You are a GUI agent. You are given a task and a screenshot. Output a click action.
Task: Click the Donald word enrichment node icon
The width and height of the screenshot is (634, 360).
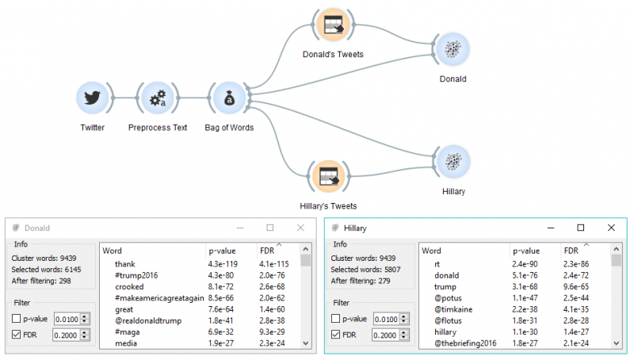(x=453, y=49)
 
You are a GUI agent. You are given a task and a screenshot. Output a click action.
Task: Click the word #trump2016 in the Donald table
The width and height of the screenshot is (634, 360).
(x=137, y=274)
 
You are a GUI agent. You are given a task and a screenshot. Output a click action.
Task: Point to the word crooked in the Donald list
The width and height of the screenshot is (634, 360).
(x=129, y=286)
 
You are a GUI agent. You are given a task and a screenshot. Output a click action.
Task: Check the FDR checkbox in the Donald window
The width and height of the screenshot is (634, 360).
(x=17, y=335)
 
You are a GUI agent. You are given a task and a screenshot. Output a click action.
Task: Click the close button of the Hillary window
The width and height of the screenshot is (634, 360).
(x=611, y=228)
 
